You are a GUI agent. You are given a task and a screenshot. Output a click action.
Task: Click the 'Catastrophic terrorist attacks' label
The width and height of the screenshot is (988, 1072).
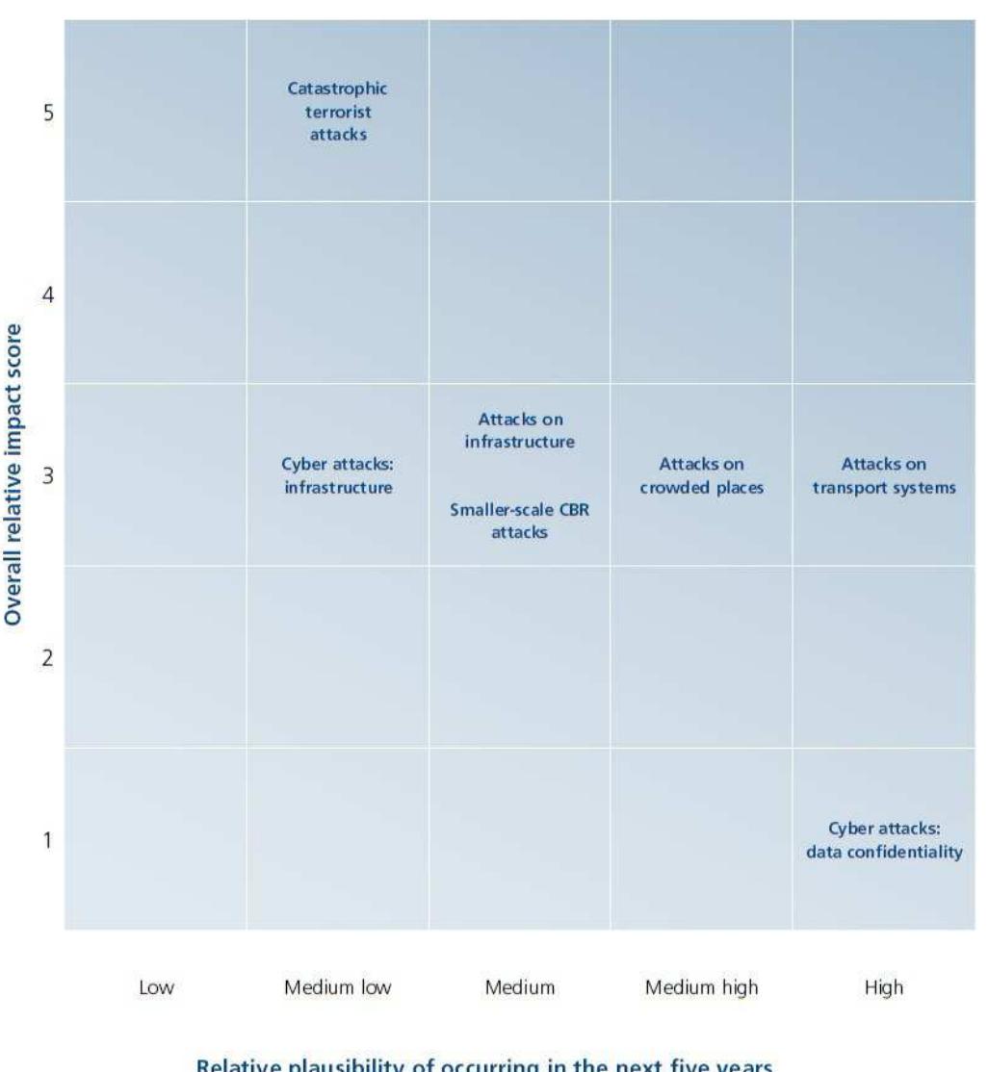click(337, 112)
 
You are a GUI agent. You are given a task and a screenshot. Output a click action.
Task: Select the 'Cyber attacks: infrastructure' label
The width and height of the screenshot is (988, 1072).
click(337, 475)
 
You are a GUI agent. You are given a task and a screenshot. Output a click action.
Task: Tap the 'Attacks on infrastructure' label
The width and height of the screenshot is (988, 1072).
click(520, 431)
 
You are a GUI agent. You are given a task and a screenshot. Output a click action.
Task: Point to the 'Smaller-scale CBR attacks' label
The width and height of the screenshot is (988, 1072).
click(520, 522)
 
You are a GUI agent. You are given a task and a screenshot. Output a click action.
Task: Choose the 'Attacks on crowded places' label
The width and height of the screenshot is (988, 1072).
click(702, 475)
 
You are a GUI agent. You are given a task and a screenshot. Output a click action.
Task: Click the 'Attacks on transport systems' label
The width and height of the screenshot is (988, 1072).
click(884, 475)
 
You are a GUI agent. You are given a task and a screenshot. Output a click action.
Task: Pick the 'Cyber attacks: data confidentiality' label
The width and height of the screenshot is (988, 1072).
click(884, 840)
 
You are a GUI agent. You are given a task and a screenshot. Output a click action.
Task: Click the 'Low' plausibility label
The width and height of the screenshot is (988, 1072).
click(155, 986)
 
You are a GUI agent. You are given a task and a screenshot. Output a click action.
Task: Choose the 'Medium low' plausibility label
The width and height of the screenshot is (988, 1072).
click(337, 986)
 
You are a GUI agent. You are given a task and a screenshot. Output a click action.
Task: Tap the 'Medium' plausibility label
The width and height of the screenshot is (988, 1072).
click(520, 986)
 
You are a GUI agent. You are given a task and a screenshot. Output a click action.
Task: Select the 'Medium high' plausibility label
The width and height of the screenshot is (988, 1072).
click(702, 986)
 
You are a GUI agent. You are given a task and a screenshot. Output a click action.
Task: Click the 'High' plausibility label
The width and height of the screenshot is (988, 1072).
click(884, 986)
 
